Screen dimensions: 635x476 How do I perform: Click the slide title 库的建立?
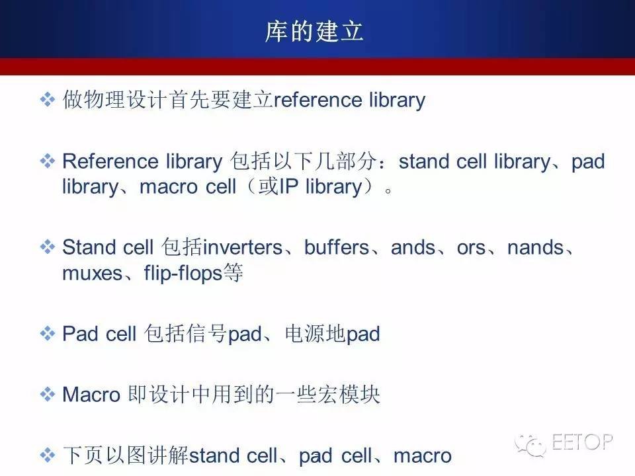pos(314,32)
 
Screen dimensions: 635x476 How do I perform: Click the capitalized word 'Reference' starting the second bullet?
pos(110,161)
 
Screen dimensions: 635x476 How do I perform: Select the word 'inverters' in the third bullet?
pos(243,247)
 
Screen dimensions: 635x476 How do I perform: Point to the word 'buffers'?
pos(337,247)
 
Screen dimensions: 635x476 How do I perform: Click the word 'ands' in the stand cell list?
pos(413,247)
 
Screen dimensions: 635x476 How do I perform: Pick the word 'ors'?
pos(471,248)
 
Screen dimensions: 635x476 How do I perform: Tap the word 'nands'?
pos(535,247)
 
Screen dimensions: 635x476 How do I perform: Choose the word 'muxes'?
pos(93,274)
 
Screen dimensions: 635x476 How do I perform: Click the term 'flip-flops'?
pos(183,273)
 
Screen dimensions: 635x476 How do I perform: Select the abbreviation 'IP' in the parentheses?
pos(288,186)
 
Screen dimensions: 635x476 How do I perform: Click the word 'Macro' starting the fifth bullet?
pos(91,395)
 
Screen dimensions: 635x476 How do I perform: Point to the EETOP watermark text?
pos(582,442)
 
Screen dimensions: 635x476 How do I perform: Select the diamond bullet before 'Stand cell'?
pos(48,247)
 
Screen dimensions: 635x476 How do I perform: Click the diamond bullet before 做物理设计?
pos(48,100)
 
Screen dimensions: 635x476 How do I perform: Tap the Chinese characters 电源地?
pos(315,334)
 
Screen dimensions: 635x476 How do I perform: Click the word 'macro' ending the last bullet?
pos(423,456)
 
